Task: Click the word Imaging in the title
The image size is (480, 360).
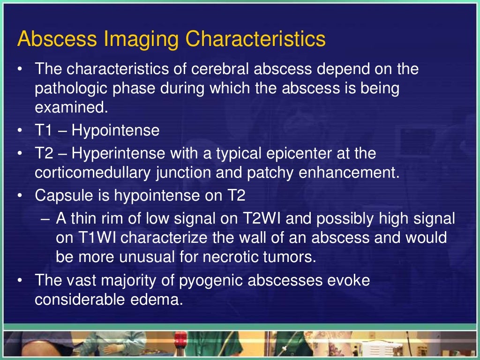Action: (143, 39)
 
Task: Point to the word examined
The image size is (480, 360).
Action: (71, 108)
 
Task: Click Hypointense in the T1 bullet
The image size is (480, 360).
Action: (115, 130)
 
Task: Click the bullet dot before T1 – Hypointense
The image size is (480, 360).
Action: (20, 131)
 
